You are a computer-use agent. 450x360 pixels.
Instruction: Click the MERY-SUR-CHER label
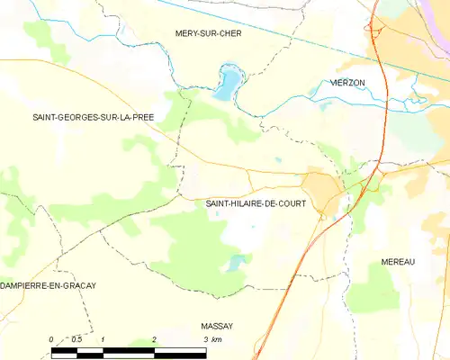click(208, 32)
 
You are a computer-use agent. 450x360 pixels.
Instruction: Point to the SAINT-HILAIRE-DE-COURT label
click(256, 203)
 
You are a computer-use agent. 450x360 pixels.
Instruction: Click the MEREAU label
click(397, 261)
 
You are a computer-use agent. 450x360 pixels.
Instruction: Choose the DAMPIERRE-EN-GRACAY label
click(48, 285)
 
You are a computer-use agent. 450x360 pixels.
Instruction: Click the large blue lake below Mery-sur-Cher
click(226, 84)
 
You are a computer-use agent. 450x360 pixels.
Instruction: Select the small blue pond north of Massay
click(236, 262)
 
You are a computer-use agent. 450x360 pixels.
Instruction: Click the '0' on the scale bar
click(51, 339)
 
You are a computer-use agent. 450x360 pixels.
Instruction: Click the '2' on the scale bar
click(155, 339)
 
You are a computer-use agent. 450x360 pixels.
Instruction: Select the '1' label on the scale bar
click(103, 339)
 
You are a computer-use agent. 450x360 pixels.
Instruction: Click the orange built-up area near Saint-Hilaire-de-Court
click(321, 189)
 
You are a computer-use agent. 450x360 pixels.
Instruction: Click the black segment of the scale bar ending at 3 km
click(179, 353)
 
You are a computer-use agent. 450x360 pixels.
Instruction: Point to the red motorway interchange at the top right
click(373, 29)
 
